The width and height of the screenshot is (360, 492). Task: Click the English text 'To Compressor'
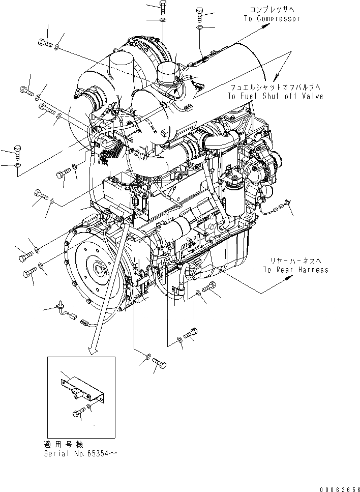coord(271,19)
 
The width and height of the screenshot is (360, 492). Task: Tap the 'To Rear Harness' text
coord(295,270)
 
